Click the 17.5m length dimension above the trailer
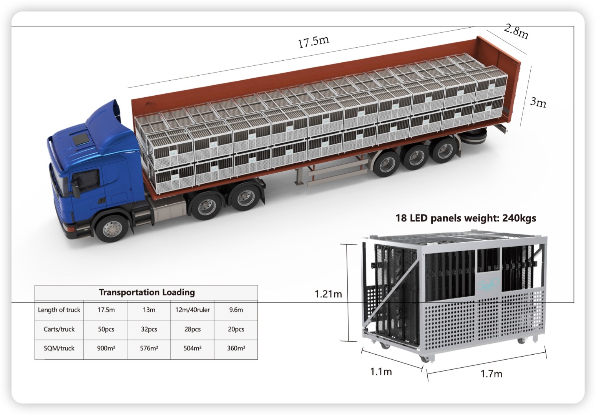tap(314, 41)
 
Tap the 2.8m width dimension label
tap(516, 32)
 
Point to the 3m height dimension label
tap(538, 102)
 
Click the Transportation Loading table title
tap(147, 292)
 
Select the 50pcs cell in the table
tap(106, 329)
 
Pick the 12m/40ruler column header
tap(192, 310)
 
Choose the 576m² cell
tap(149, 349)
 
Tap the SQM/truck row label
tap(59, 349)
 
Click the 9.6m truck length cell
tap(236, 310)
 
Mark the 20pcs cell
tap(236, 329)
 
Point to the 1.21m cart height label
tap(328, 294)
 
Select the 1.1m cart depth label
tap(381, 372)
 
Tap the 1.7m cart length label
tap(491, 373)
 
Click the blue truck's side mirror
tap(76, 189)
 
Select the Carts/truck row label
tap(59, 329)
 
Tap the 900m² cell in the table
tap(106, 349)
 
